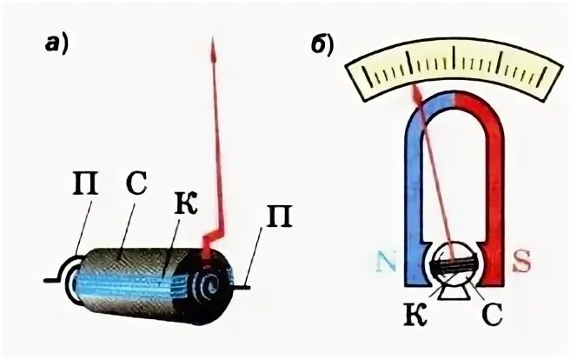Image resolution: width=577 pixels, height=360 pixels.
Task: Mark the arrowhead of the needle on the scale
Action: click(x=416, y=89)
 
